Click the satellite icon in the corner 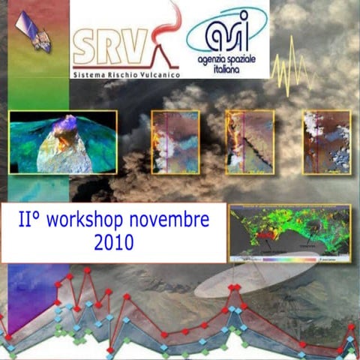click(x=34, y=32)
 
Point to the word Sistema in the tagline click(x=88, y=76)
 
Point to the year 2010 click(x=114, y=242)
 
